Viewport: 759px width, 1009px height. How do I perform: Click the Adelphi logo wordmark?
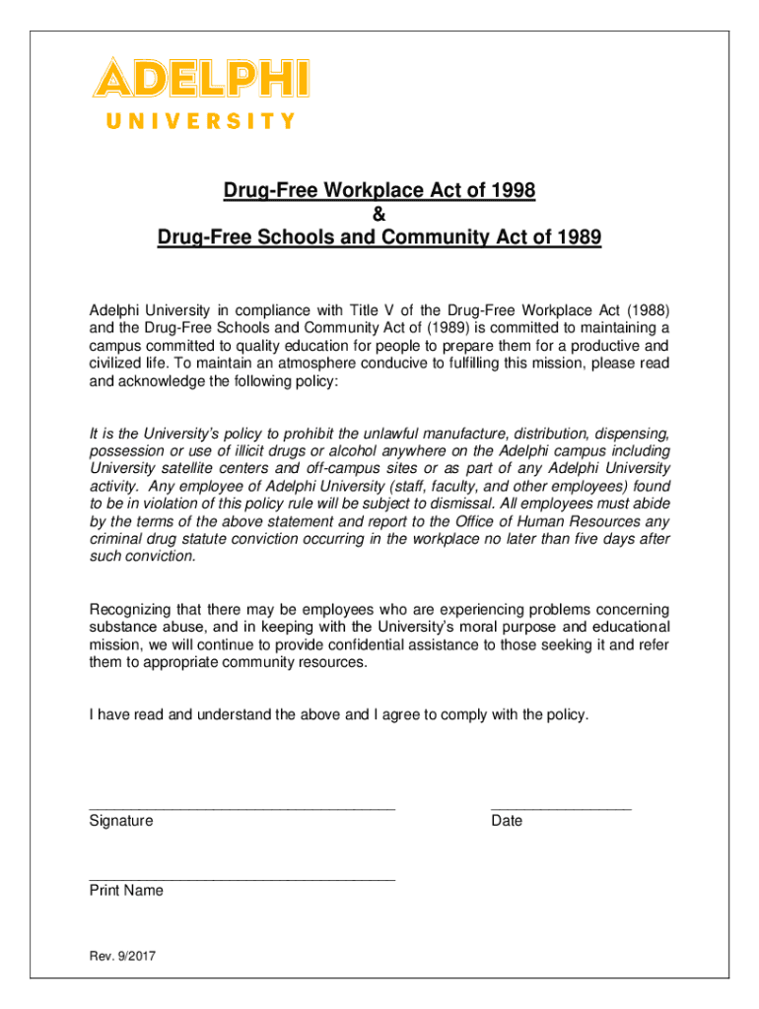click(201, 78)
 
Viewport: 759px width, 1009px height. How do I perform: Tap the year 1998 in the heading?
click(513, 191)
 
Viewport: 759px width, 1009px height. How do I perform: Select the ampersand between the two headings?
click(379, 215)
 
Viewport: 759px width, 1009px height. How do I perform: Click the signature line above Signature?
click(241, 806)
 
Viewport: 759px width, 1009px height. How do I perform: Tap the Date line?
click(560, 806)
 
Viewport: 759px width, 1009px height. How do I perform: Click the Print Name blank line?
click(241, 877)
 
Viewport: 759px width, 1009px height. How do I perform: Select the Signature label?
click(121, 821)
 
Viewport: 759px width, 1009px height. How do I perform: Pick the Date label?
click(507, 821)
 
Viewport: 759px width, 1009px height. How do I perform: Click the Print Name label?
click(126, 891)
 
